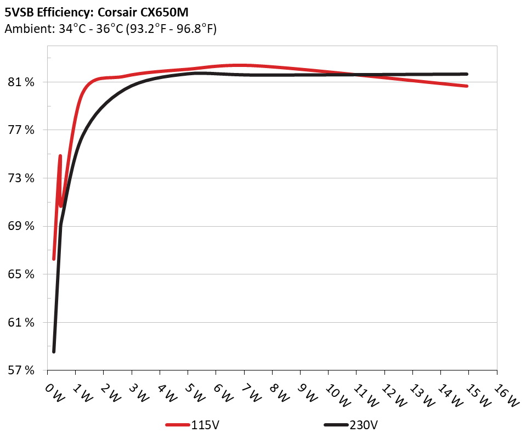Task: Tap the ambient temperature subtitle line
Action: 110,29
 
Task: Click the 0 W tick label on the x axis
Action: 54,393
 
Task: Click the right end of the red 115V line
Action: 467,86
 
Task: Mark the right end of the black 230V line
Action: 467,74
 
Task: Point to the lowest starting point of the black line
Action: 54,351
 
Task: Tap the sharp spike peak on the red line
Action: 60,156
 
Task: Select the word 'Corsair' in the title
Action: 117,12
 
